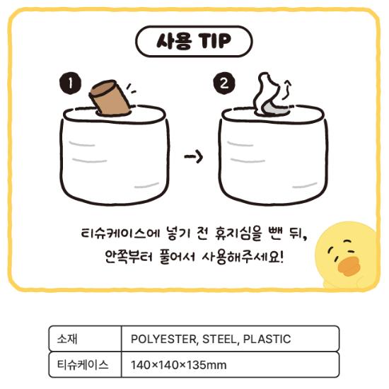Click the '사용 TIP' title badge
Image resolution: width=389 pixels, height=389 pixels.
193,41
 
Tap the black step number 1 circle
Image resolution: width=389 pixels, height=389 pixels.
70,85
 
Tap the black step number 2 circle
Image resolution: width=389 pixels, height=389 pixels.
223,85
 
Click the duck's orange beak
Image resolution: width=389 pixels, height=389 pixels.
349,266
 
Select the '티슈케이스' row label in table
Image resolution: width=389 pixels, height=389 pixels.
83,365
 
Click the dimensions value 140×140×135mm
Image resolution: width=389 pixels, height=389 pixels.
178,365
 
